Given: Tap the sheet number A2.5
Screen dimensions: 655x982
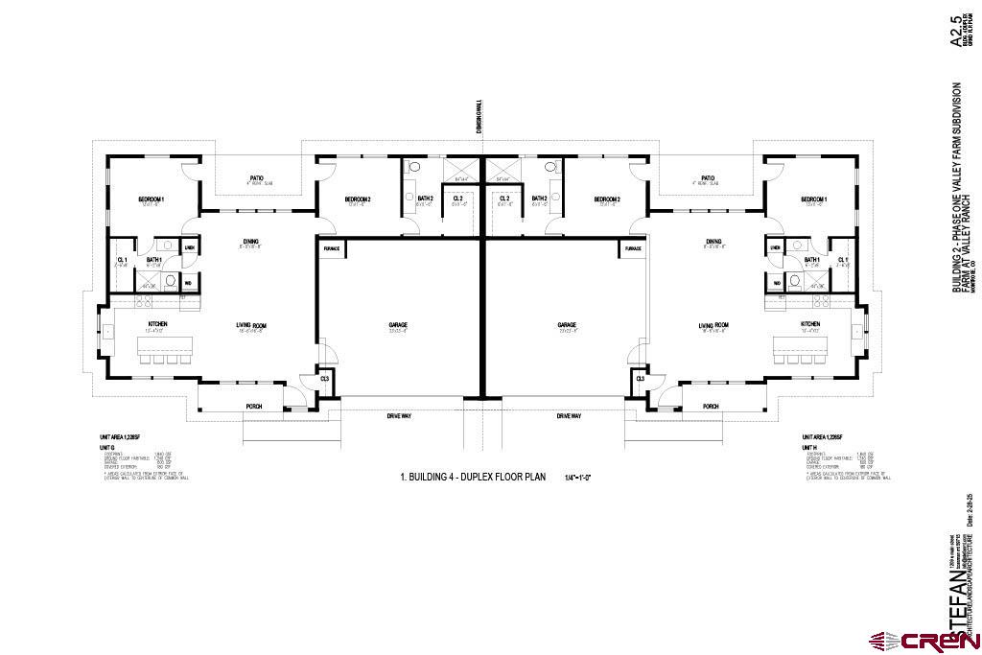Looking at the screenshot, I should tap(955, 31).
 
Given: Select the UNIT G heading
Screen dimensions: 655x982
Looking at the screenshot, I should tap(106, 447).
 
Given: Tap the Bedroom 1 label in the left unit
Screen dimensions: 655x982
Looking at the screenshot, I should tap(152, 199).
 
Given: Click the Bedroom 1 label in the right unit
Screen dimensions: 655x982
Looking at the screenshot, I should tap(813, 199).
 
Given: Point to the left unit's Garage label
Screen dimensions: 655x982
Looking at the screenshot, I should tap(398, 324).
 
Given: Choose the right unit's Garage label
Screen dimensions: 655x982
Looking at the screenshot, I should tap(567, 324).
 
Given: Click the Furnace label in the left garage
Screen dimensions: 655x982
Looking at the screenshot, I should tap(330, 248).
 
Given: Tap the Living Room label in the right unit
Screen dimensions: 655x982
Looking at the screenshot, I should tap(713, 325).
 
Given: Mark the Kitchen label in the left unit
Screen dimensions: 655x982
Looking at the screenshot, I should tap(158, 324).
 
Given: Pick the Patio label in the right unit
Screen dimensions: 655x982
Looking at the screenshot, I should tap(708, 177).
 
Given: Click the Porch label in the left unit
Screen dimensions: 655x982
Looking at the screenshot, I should tap(254, 406).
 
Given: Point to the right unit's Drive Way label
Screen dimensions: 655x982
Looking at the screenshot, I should tap(570, 415).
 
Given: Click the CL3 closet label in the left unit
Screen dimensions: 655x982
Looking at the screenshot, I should tap(324, 379).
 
